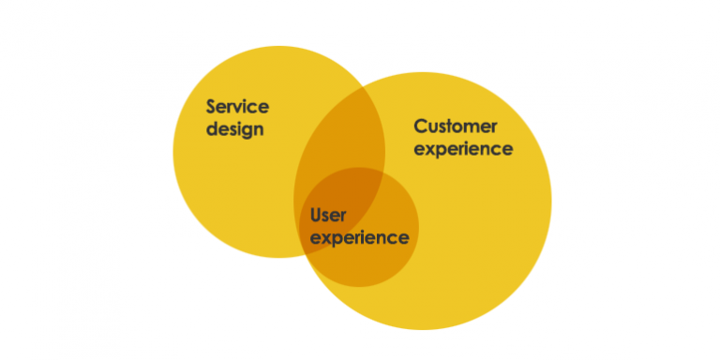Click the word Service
click(238, 107)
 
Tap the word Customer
click(456, 127)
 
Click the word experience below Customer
click(463, 148)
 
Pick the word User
click(329, 216)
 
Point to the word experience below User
click(360, 237)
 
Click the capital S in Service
click(213, 107)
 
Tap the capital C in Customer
click(421, 127)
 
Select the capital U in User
click(316, 216)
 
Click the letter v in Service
click(242, 107)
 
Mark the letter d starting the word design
click(212, 128)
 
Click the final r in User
click(344, 217)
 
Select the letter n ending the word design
click(257, 129)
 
